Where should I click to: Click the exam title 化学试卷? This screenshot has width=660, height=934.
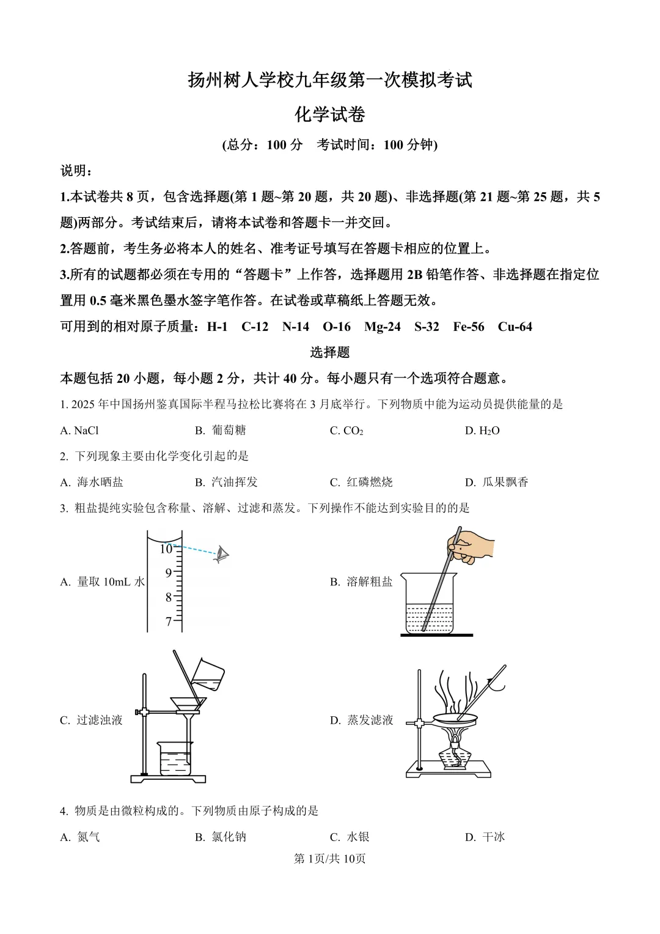click(329, 114)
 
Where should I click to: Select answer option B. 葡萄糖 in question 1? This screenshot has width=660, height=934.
click(221, 431)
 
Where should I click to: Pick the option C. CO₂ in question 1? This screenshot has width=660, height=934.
click(346, 431)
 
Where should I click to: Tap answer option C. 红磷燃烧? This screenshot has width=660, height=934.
click(361, 483)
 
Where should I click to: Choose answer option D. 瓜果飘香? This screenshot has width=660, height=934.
click(496, 483)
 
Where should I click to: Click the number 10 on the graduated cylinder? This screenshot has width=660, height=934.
click(166, 549)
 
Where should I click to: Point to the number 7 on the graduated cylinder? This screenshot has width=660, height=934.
click(169, 622)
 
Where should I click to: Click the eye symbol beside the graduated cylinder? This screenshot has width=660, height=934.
click(221, 555)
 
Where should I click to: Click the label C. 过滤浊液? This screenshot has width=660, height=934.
click(92, 721)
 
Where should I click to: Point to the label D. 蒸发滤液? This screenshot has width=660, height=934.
click(362, 721)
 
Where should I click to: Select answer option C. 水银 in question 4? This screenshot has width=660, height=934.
click(350, 837)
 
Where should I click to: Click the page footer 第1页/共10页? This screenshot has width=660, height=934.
click(329, 859)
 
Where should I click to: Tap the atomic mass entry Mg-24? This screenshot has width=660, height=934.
click(382, 327)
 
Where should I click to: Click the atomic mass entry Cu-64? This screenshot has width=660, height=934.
click(515, 327)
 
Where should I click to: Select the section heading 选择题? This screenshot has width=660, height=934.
click(329, 352)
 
